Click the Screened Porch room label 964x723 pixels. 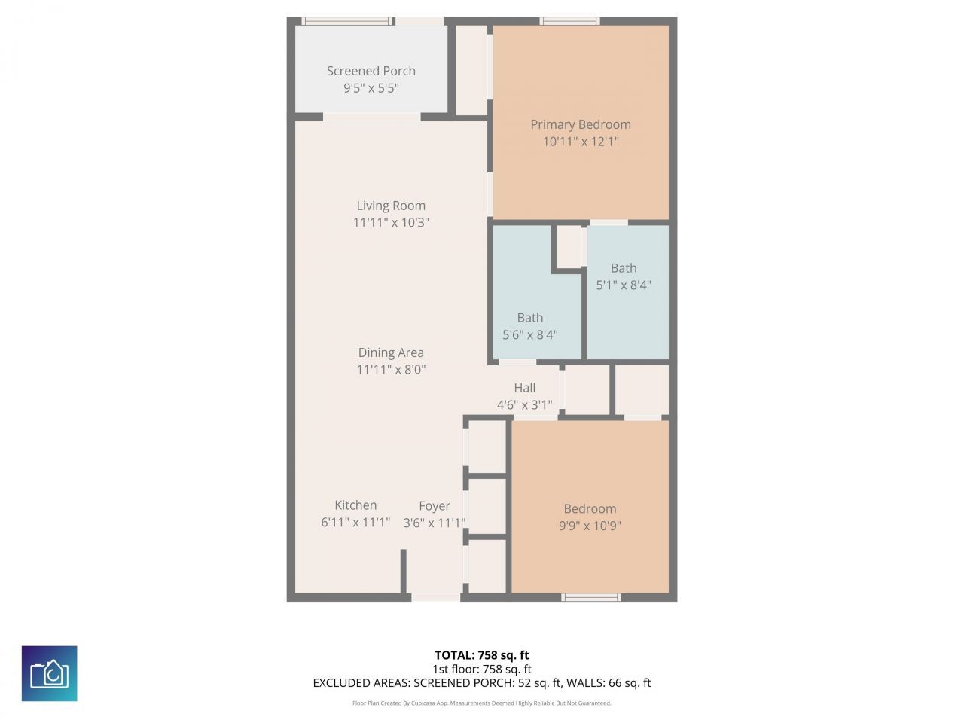tap(371, 71)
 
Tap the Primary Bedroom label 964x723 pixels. tap(581, 124)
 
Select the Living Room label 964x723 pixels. tap(391, 206)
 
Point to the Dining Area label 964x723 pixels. tap(391, 352)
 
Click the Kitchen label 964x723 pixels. tap(355, 505)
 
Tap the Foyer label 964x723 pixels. tap(435, 506)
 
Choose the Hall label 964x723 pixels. tap(525, 388)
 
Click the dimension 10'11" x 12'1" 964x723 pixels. tap(581, 142)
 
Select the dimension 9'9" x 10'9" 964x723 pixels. tap(590, 526)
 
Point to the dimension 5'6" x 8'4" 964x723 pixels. tap(530, 335)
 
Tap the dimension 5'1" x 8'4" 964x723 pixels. tap(624, 285)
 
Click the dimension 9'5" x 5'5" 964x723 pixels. tap(371, 88)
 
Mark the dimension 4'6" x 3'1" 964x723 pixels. tap(525, 405)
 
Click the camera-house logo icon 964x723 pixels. tap(50, 673)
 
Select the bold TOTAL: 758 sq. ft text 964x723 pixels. tap(482, 655)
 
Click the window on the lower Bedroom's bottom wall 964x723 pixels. tap(591, 597)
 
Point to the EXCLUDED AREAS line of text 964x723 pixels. tap(482, 683)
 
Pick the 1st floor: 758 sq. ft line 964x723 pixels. tap(482, 669)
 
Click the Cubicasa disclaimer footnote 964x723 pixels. tap(482, 703)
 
